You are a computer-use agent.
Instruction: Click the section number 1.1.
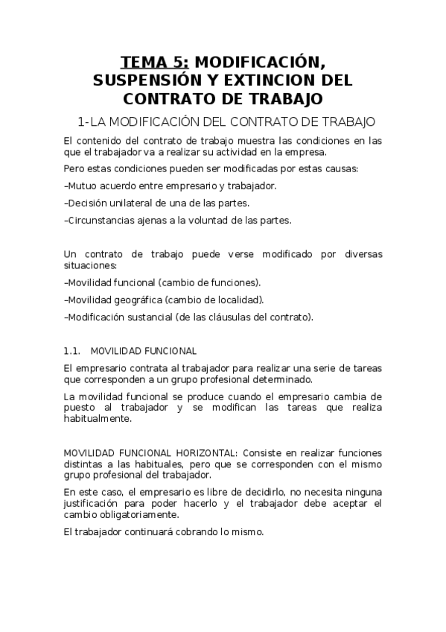coord(72,350)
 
